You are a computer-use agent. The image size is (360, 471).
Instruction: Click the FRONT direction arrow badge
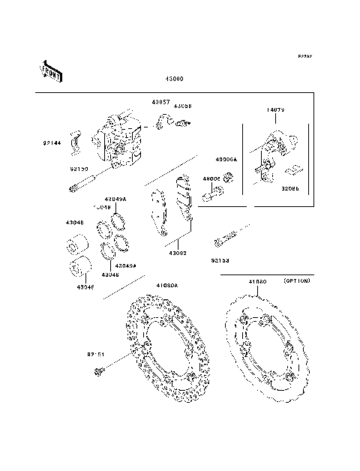[50, 70]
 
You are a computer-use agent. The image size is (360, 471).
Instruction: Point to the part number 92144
[52, 141]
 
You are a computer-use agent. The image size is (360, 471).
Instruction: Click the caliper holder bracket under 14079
[273, 149]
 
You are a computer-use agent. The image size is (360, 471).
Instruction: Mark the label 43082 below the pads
[178, 253]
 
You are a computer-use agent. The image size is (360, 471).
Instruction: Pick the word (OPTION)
[297, 280]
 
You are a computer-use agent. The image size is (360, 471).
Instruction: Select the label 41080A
[167, 285]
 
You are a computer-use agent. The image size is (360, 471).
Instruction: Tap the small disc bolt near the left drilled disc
[98, 370]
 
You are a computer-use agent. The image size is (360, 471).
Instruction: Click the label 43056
[183, 106]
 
